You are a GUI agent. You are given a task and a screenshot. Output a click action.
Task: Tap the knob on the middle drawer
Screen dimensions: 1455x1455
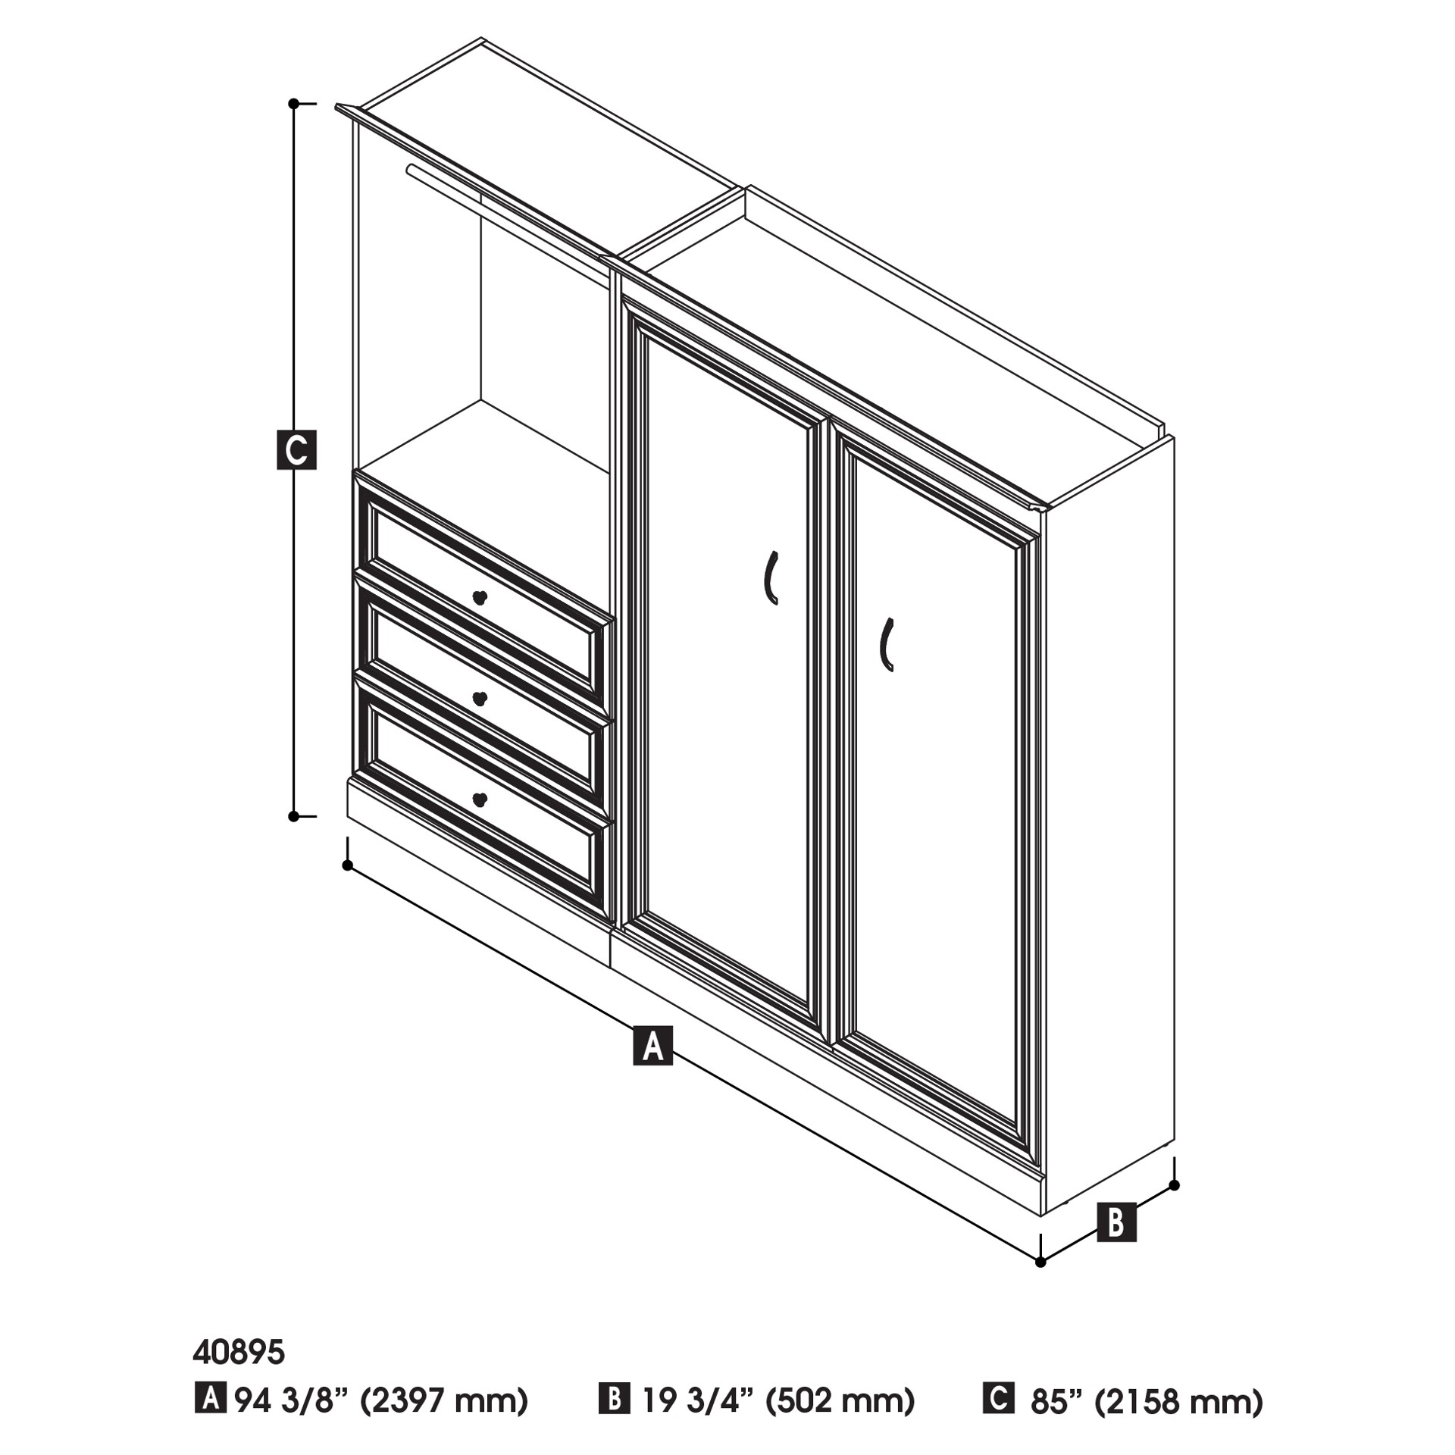point(479,698)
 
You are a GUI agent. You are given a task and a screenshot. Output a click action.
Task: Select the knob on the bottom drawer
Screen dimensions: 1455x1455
point(479,799)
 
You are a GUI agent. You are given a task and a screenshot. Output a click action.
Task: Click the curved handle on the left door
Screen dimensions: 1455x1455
point(770,577)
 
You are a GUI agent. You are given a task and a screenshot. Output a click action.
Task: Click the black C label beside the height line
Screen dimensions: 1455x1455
point(296,450)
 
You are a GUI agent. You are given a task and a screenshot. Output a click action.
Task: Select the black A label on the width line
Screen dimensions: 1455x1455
point(652,1046)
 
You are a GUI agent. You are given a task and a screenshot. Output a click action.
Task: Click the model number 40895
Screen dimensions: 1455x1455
point(239,1351)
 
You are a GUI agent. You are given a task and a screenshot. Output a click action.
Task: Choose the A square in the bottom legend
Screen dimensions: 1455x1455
point(210,1398)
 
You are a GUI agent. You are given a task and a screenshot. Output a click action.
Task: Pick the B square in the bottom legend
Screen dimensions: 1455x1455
point(614,1398)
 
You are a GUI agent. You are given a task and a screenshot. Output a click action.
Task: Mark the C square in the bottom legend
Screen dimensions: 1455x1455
point(998,1398)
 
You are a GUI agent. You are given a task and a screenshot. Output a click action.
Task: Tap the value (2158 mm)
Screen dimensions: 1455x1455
point(1178,1401)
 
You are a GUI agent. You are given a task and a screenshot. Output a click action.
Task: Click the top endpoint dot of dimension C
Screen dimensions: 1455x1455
point(293,104)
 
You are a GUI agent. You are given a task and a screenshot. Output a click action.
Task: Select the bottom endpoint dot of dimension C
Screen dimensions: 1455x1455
point(293,816)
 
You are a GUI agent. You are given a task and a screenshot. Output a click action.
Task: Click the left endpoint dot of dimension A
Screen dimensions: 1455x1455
point(347,865)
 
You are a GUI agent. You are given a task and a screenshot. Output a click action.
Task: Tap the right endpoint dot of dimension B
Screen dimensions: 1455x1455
point(1174,1185)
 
